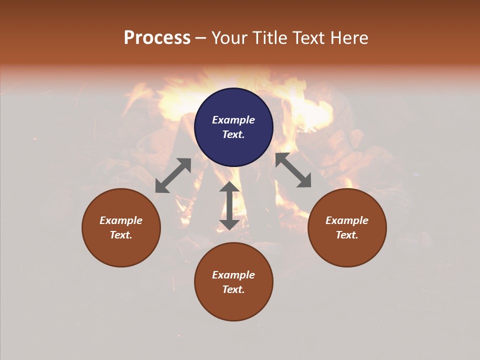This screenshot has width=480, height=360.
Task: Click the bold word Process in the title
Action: tap(157, 38)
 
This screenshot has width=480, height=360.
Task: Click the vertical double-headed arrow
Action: tap(229, 205)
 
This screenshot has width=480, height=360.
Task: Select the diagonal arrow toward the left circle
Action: tap(173, 175)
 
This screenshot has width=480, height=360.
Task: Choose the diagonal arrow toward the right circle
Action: tap(293, 170)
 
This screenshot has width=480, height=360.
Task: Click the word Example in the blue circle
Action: tap(233, 120)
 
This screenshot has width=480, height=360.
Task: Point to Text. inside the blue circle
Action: tap(233, 134)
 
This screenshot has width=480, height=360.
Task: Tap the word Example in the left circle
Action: tap(121, 220)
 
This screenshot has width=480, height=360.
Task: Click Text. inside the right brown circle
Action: tap(347, 235)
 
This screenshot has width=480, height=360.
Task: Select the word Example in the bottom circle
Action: tap(233, 275)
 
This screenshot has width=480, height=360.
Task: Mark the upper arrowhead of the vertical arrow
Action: tap(229, 187)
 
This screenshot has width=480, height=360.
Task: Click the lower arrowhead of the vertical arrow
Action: tap(229, 224)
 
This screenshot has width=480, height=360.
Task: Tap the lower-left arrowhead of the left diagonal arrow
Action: tap(161, 187)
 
